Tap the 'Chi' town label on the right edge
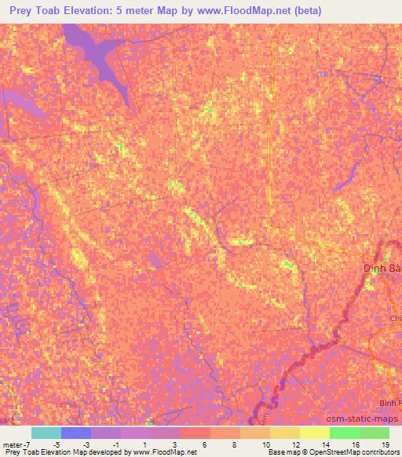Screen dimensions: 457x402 pos(395,318)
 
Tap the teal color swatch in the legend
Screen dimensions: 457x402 pos(46,433)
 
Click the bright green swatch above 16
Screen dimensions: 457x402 pos(344,433)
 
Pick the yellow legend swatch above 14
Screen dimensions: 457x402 pos(314,433)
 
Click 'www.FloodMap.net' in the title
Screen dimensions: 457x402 pos(236,12)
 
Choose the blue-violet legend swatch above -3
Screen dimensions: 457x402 pos(76,433)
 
